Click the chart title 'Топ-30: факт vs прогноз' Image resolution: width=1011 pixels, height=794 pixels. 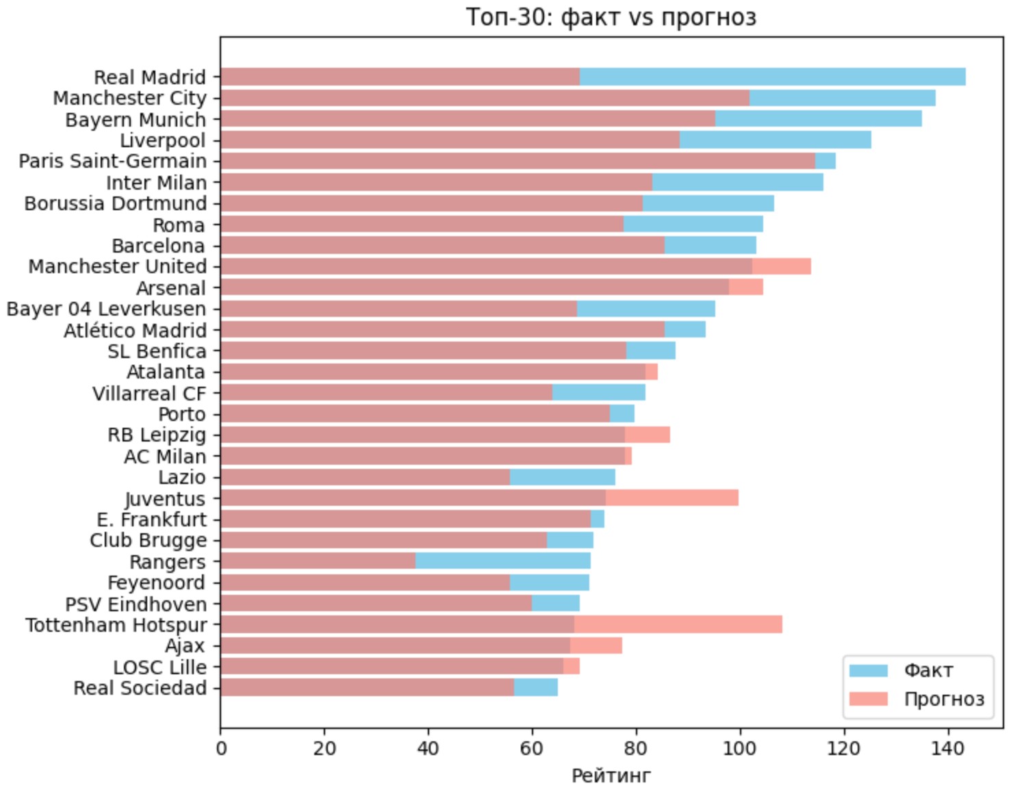[611, 16]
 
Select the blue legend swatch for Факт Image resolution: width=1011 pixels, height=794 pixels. [868, 670]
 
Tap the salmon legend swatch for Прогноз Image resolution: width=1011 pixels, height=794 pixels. [868, 699]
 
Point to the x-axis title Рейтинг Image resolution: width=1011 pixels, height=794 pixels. [611, 776]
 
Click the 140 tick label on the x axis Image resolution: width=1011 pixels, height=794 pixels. [947, 748]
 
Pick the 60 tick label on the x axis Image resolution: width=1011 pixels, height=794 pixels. [532, 748]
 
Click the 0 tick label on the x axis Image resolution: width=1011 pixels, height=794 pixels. [220, 748]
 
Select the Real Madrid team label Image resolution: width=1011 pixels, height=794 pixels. [149, 77]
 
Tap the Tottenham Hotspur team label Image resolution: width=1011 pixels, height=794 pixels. [116, 625]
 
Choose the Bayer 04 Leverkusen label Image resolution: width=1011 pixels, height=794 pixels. [106, 309]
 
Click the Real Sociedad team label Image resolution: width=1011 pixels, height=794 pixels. [140, 688]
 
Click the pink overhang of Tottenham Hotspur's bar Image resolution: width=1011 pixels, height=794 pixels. [678, 624]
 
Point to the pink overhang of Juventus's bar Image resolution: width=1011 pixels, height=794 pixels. [671, 498]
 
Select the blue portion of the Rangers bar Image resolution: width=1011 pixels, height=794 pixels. [502, 561]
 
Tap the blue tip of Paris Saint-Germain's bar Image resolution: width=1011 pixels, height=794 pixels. [825, 161]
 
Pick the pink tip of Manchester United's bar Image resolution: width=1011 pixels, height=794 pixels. [781, 266]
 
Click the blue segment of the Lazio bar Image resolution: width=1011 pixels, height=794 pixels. [562, 477]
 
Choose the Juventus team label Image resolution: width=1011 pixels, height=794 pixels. [165, 499]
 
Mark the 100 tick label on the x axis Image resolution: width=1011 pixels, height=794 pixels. [740, 748]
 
